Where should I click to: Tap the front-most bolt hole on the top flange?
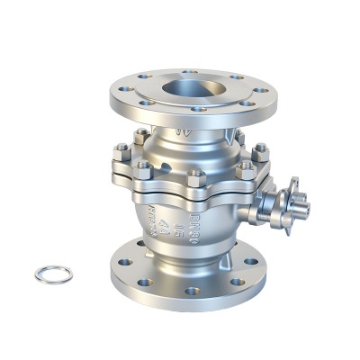pos(199,110)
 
